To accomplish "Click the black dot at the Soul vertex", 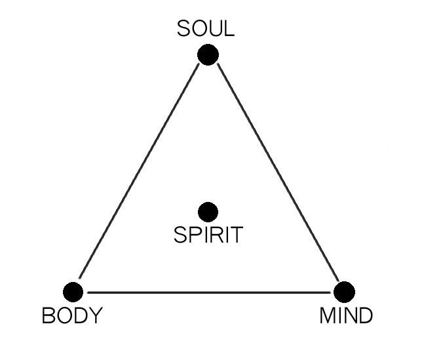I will click(x=208, y=54).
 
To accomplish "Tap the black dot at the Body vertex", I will click(x=73, y=292).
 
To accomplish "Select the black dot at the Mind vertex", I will click(x=344, y=291).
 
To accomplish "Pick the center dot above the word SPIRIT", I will click(x=208, y=211).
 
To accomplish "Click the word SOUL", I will click(x=206, y=30).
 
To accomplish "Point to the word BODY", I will click(x=72, y=316).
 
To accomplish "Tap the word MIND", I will click(x=346, y=316).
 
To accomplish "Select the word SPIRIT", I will click(x=208, y=235).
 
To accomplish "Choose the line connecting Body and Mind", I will click(x=208, y=292).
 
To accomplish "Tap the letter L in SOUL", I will click(x=228, y=30).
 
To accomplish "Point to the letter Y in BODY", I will click(x=96, y=316).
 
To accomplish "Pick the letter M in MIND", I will click(x=327, y=316).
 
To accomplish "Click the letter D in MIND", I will click(x=365, y=316).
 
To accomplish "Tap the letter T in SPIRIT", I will click(x=235, y=235).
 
